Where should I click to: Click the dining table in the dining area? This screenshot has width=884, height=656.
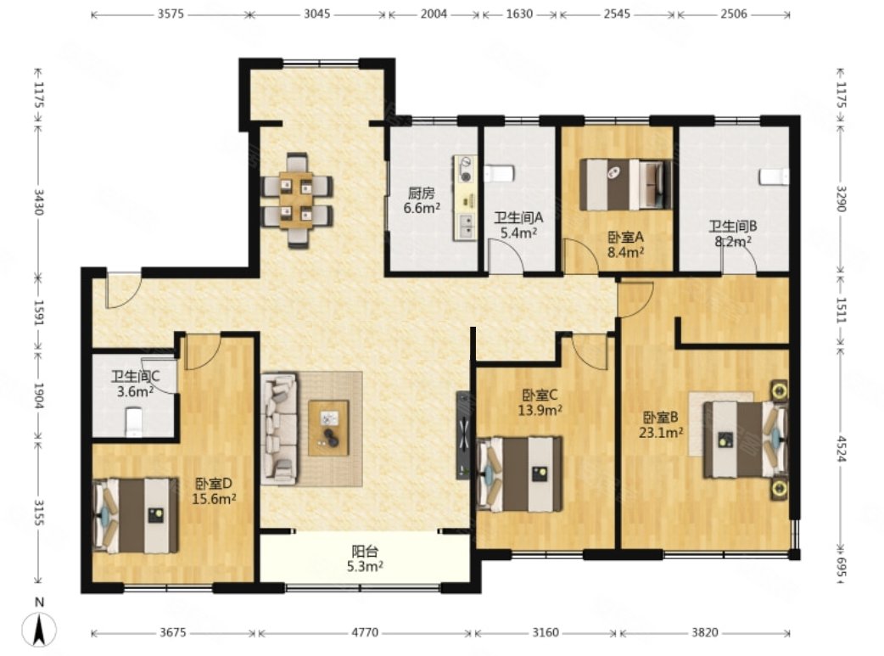297,199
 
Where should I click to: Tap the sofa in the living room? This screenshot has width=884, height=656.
280,428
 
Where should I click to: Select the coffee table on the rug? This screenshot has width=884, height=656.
328,427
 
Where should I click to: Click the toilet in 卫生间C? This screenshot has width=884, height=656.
134,423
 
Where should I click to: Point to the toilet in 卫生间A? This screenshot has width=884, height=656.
500,173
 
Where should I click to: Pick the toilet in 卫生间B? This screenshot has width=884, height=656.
774,177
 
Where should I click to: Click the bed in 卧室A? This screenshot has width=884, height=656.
626,184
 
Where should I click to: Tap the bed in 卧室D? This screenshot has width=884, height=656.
135,515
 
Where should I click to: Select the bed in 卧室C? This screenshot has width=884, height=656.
519,474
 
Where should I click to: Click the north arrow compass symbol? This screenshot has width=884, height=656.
39,628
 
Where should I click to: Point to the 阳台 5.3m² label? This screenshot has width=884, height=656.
365,558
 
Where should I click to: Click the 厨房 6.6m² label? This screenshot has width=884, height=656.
421,201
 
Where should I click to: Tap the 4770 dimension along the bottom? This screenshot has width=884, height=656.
365,633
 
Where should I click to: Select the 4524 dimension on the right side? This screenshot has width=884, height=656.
841,449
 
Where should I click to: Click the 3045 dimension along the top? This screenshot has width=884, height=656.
317,14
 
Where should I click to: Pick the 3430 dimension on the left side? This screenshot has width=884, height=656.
38,201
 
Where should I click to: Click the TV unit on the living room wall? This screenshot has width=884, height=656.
463,435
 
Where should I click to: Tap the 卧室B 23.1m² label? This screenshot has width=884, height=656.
661,424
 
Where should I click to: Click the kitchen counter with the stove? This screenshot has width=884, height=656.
466,198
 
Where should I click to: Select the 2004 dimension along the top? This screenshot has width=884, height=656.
434,14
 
